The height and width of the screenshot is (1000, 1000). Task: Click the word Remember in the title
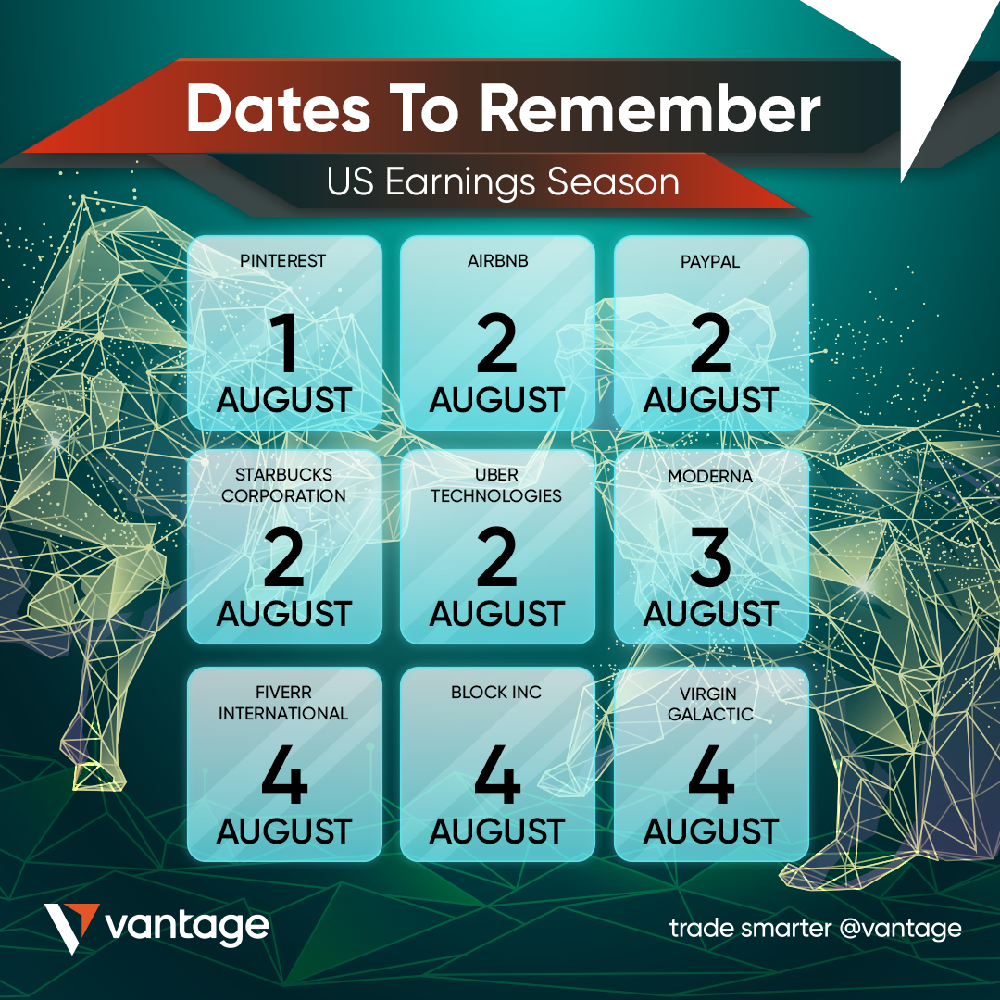650,108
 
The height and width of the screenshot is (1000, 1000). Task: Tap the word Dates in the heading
278,108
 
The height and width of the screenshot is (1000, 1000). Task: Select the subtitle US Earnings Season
503,181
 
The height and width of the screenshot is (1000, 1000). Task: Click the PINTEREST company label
283,261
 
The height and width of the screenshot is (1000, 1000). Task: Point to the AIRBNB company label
497,261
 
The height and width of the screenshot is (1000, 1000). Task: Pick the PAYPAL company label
710,261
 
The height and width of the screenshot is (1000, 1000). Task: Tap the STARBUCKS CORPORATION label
284,485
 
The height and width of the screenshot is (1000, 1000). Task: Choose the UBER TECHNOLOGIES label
496,485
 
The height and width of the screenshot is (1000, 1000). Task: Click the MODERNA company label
710,477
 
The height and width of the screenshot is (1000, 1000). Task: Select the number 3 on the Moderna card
710,556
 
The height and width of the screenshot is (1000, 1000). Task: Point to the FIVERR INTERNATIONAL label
284,703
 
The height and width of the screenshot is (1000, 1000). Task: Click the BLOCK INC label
496,692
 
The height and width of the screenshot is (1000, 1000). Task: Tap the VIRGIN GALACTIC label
710,704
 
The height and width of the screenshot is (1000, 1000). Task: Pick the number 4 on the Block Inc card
497,774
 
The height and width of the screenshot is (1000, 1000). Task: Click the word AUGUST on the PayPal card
711,401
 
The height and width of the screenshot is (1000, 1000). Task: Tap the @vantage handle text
901,929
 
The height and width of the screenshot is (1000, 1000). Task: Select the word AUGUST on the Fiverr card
284,831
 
